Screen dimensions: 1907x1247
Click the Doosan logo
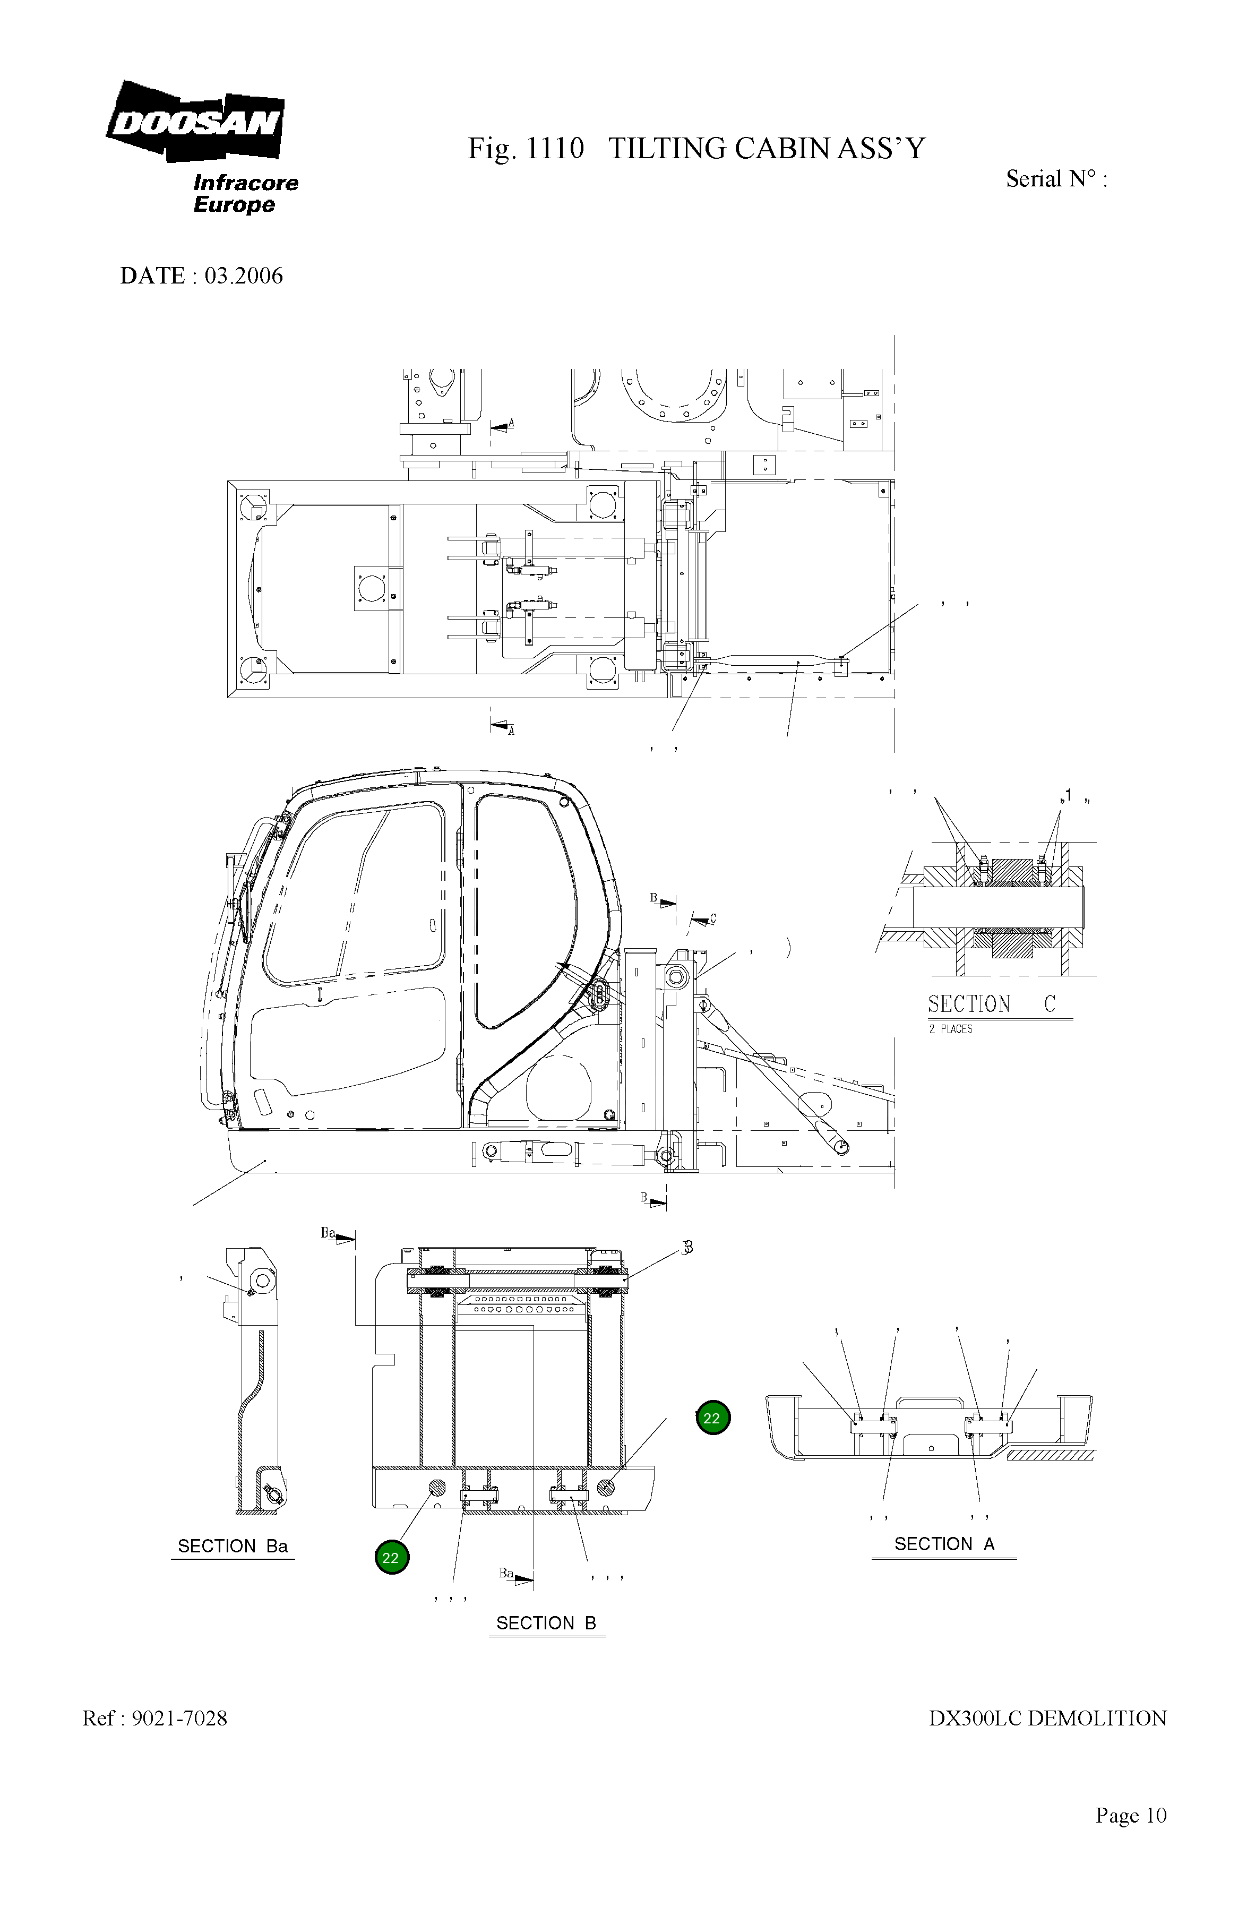tap(195, 122)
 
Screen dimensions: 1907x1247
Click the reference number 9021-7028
tap(178, 1718)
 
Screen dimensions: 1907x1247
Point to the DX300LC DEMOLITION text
tap(1047, 1718)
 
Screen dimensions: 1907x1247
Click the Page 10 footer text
tap(1130, 1831)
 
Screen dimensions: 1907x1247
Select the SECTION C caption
tap(991, 1004)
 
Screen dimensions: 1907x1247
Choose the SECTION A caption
tap(944, 1544)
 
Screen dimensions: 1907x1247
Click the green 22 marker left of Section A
tap(712, 1418)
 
